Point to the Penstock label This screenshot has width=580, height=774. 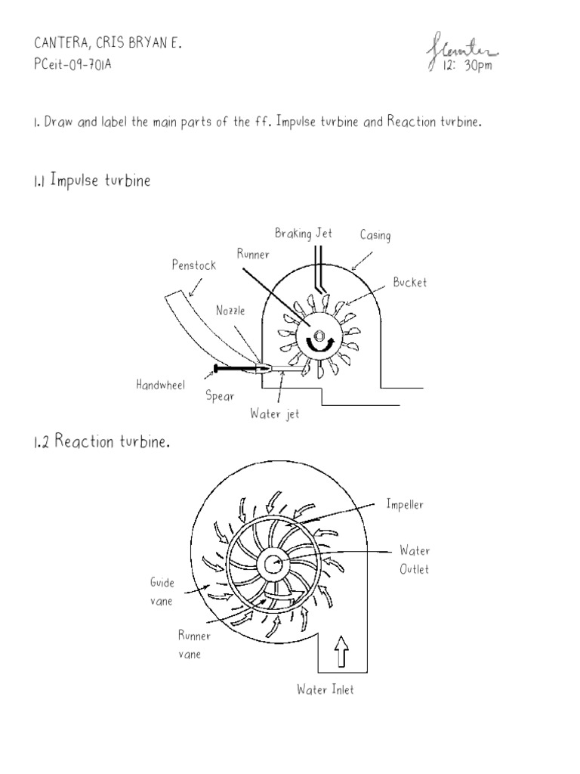pyautogui.click(x=194, y=265)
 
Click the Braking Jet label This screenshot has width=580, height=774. pyautogui.click(x=303, y=234)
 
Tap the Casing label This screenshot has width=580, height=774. pyautogui.click(x=375, y=236)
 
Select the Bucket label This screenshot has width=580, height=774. pyautogui.click(x=409, y=283)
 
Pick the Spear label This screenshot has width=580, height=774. pyautogui.click(x=220, y=397)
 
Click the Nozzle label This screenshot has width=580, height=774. pyautogui.click(x=230, y=310)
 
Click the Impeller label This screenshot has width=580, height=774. pyautogui.click(x=405, y=505)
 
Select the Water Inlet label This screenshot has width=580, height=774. pyautogui.click(x=325, y=689)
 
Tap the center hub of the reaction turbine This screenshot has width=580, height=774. pyautogui.click(x=273, y=563)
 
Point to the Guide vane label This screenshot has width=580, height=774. pyautogui.click(x=162, y=592)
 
